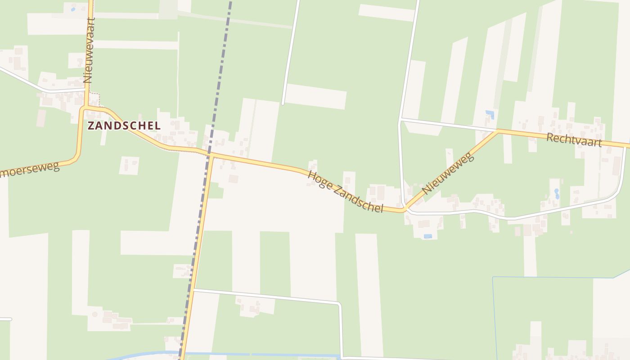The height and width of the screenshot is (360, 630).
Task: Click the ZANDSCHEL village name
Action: click(124, 126)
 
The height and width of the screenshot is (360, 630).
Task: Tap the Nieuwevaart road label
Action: click(89, 50)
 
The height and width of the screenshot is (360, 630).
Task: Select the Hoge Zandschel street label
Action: click(345, 191)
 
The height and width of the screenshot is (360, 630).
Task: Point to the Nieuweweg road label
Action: click(448, 173)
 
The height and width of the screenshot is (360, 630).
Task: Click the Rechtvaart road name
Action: click(574, 139)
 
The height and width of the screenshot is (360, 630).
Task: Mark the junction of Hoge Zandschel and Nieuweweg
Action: click(405, 209)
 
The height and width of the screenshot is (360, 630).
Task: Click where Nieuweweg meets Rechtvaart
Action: click(498, 131)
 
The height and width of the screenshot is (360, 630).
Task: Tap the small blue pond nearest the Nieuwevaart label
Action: click(73, 9)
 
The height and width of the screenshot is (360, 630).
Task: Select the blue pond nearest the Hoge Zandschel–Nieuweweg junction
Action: click(427, 236)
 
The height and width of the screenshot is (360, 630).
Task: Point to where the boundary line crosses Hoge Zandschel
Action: click(210, 154)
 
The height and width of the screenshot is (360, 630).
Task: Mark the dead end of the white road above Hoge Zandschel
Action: click(283, 103)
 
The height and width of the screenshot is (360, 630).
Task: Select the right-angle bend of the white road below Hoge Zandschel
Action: click(339, 305)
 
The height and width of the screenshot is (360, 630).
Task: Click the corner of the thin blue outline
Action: click(493, 277)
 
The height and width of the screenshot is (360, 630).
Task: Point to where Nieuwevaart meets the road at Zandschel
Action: click(84, 108)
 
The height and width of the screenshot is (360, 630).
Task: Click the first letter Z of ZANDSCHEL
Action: click(91, 126)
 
